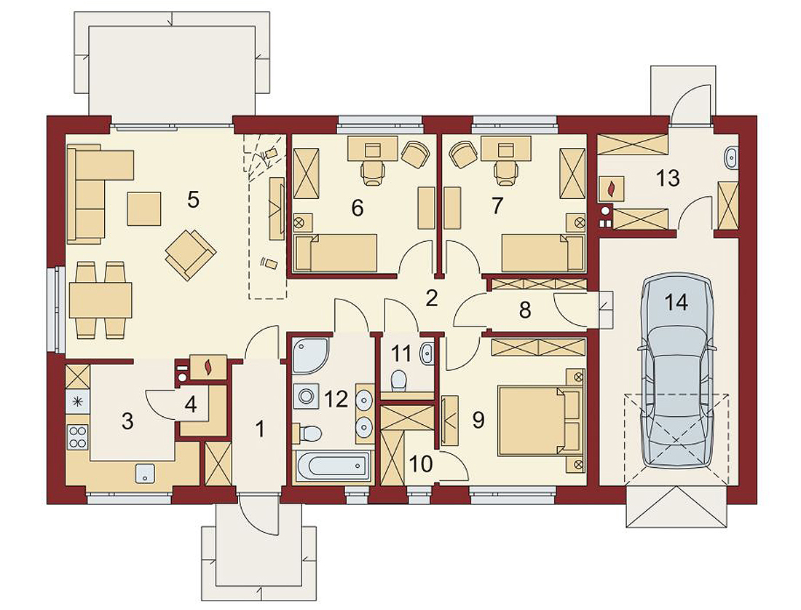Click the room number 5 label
coord(193,200)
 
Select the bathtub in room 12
coord(332,464)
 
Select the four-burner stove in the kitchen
coord(77,437)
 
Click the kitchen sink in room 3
coord(146,474)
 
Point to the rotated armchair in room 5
coord(191,254)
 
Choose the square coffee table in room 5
coord(143,208)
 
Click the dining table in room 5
coord(100,300)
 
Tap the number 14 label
coord(676,301)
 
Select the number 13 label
coord(667,178)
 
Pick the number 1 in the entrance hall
coord(259,429)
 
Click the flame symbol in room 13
coord(611,189)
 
